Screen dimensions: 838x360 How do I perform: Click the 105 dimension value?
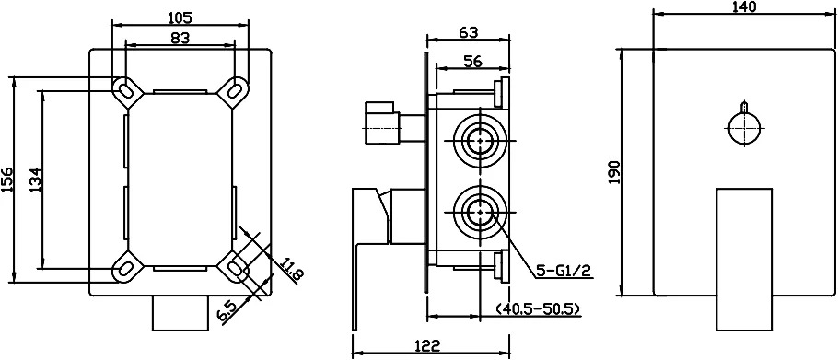point(180,17)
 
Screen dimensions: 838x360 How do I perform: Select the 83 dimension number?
point(180,38)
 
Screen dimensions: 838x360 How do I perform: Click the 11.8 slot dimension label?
point(293,270)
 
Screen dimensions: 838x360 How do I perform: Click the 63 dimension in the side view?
point(468,32)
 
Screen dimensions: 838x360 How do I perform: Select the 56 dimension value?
point(473,61)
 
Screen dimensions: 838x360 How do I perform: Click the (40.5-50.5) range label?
point(538,309)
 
